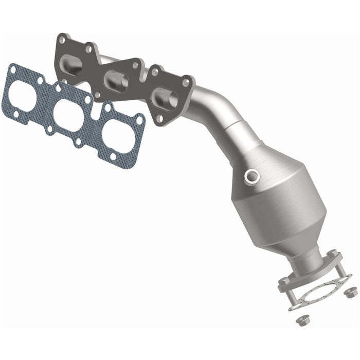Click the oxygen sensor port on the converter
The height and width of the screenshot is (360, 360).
[x=253, y=176]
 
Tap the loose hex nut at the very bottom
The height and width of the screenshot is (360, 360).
[x=302, y=319]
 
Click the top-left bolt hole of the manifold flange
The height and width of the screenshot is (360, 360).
[x=62, y=39]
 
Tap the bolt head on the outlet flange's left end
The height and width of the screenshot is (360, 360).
[x=284, y=282]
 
